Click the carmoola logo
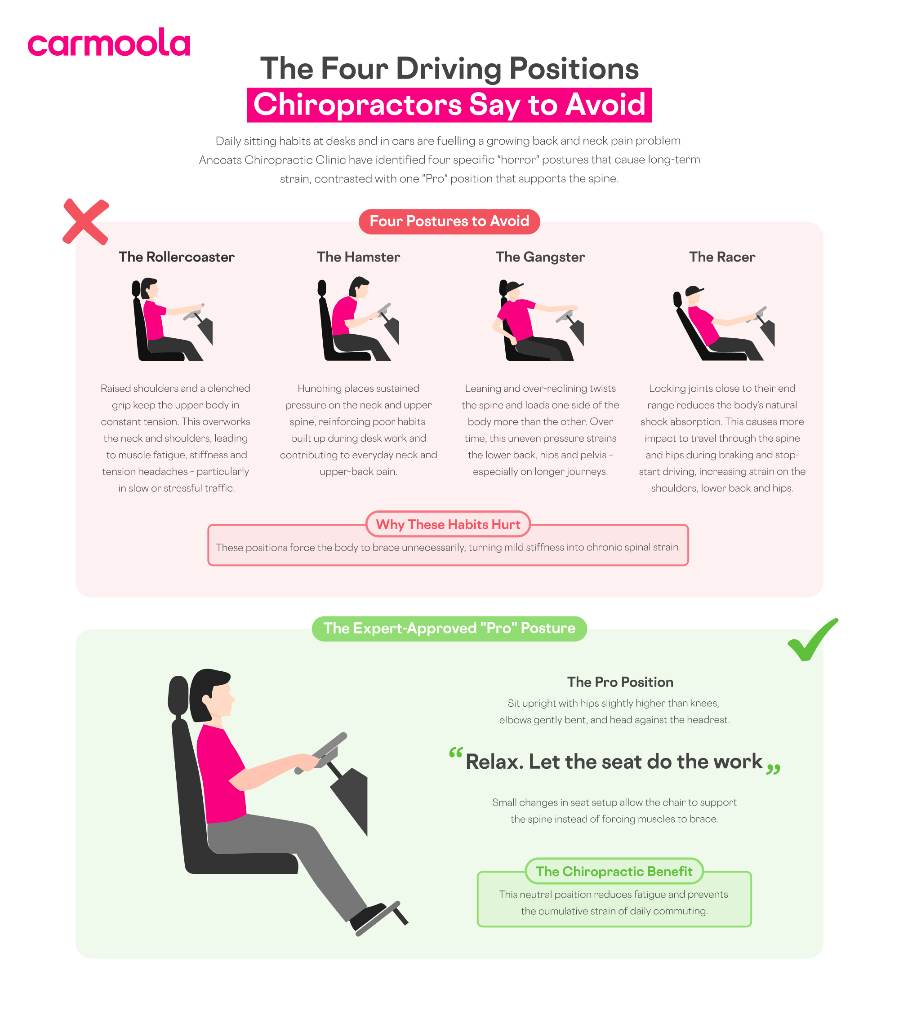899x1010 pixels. pyautogui.click(x=108, y=43)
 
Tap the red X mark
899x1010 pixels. pyautogui.click(x=85, y=221)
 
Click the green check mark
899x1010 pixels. pyautogui.click(x=811, y=640)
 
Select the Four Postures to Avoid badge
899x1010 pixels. pyautogui.click(x=449, y=221)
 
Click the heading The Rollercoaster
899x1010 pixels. pyautogui.click(x=177, y=257)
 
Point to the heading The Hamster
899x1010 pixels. pyautogui.click(x=358, y=257)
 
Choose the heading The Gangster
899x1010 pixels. pyautogui.click(x=540, y=257)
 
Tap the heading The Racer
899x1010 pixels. pyautogui.click(x=721, y=257)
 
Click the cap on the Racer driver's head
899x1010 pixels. pyautogui.click(x=694, y=291)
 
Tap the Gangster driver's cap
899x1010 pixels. pyautogui.click(x=514, y=286)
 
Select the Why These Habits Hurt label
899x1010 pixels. pyautogui.click(x=448, y=524)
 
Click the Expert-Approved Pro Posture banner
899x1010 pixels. pyautogui.click(x=449, y=628)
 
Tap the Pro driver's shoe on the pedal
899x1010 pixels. pyautogui.click(x=368, y=915)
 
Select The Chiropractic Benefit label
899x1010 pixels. pyautogui.click(x=614, y=871)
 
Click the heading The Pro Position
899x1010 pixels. pyautogui.click(x=620, y=682)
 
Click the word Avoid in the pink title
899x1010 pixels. pyautogui.click(x=605, y=105)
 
